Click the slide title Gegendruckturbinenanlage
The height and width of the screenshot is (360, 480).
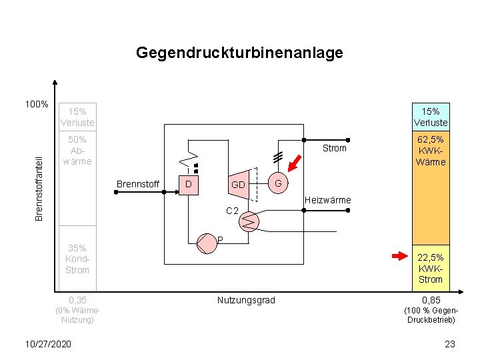239,53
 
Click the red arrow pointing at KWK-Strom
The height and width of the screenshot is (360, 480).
399,255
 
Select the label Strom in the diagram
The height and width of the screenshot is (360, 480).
334,148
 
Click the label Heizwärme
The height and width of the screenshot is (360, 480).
327,199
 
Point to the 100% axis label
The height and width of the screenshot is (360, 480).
36,104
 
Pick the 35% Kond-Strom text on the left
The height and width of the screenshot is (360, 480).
77,259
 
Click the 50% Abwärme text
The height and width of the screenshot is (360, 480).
77,151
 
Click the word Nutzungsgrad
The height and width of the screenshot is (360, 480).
246,300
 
